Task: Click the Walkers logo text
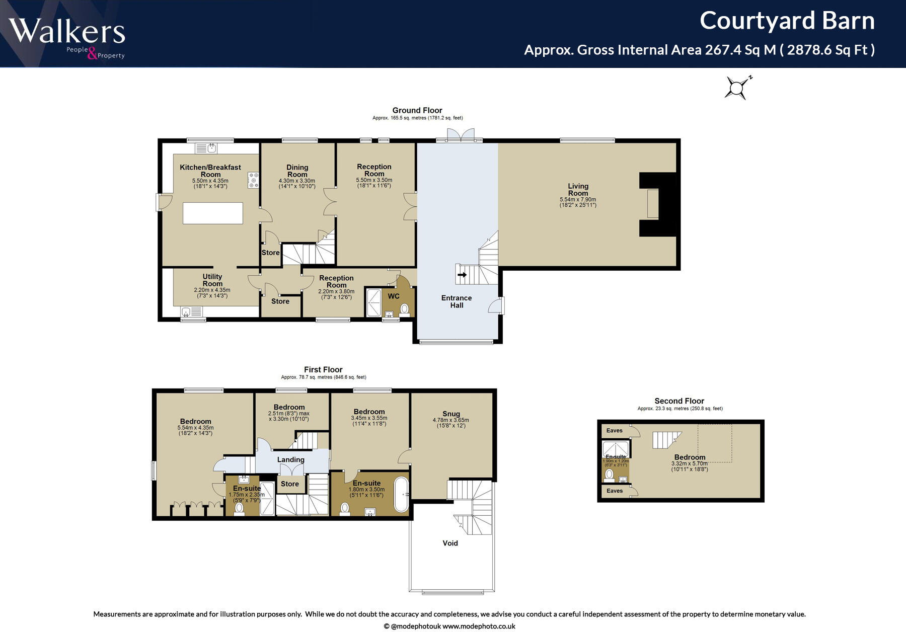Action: pyautogui.click(x=66, y=31)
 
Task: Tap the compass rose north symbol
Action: pyautogui.click(x=737, y=88)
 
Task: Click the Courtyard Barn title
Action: pyautogui.click(x=787, y=21)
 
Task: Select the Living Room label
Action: pyautogui.click(x=578, y=190)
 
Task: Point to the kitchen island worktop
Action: pyautogui.click(x=212, y=213)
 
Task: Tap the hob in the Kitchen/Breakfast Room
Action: pyautogui.click(x=253, y=180)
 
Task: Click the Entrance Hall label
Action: pyautogui.click(x=457, y=301)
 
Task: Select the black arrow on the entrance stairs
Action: pyautogui.click(x=462, y=275)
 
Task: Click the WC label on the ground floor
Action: pyautogui.click(x=394, y=296)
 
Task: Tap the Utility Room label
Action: pyautogui.click(x=212, y=280)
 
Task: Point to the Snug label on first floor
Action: pyautogui.click(x=451, y=414)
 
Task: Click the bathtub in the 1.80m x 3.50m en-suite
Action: pyautogui.click(x=401, y=494)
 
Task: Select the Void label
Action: pyautogui.click(x=450, y=543)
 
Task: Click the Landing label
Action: pyautogui.click(x=290, y=459)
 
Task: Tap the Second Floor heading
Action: pyautogui.click(x=679, y=401)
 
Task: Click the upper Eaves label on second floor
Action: pyautogui.click(x=614, y=431)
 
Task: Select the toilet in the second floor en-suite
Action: pyautogui.click(x=610, y=475)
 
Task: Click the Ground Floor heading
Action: pyautogui.click(x=417, y=110)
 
